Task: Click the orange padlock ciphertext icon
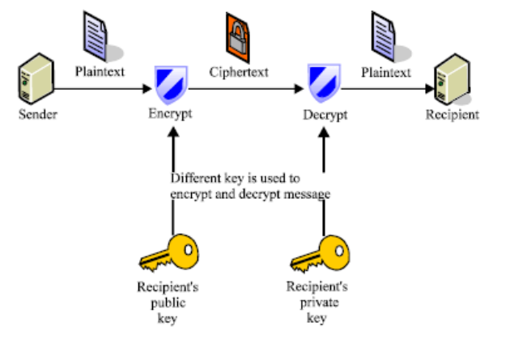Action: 240,35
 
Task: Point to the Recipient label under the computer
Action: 452,114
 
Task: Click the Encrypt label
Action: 170,114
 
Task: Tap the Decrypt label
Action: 325,114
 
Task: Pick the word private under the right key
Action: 317,302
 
